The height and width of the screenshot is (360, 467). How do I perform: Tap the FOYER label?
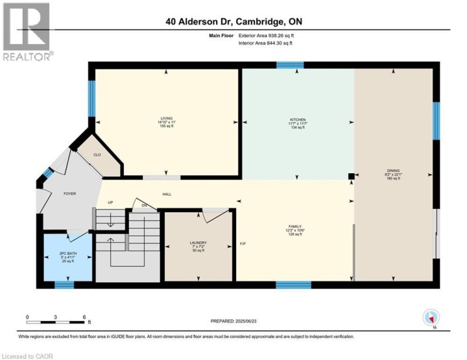(x=69, y=193)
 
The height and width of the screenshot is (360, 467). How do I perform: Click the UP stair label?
(x=111, y=202)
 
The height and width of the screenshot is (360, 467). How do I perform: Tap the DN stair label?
(x=145, y=206)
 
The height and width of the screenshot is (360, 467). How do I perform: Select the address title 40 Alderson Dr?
(x=233, y=22)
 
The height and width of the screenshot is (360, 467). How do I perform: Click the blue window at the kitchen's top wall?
(x=290, y=65)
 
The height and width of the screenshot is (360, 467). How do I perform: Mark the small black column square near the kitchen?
(x=351, y=176)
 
